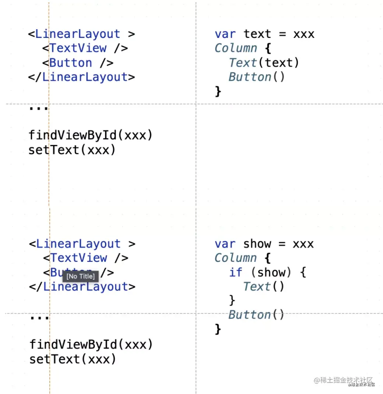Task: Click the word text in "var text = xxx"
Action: (x=257, y=34)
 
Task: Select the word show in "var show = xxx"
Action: (x=257, y=244)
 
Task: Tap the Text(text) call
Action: (x=264, y=63)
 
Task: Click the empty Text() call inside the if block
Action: (x=264, y=286)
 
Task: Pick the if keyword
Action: (x=236, y=272)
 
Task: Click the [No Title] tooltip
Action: (x=80, y=276)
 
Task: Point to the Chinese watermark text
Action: (x=344, y=380)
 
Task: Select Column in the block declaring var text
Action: (x=236, y=48)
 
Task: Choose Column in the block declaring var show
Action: (x=236, y=258)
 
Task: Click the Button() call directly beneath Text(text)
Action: (x=257, y=77)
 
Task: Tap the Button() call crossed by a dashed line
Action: (x=257, y=315)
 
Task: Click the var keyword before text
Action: (x=225, y=34)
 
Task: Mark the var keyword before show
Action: (x=225, y=244)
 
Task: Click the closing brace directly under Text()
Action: (x=232, y=300)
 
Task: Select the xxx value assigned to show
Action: (x=303, y=244)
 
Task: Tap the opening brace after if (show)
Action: (x=302, y=272)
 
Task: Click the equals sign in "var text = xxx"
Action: (x=282, y=34)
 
